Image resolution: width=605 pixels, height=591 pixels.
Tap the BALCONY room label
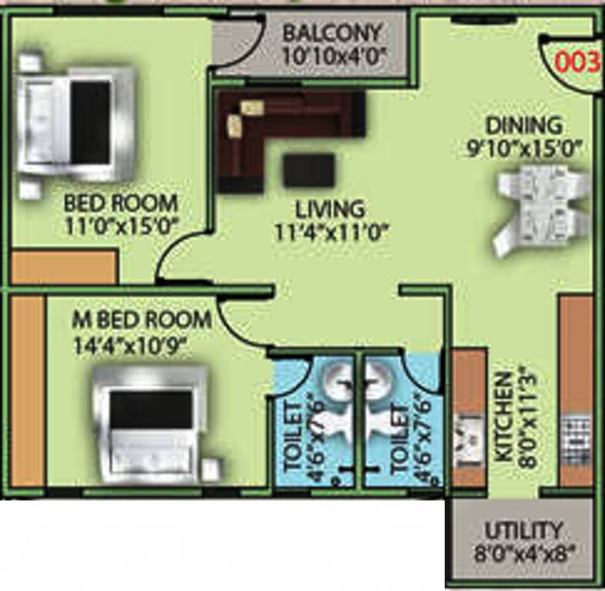click(331, 34)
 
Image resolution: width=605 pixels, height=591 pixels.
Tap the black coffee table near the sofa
click(308, 170)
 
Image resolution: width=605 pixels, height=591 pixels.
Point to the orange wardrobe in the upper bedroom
click(64, 268)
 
